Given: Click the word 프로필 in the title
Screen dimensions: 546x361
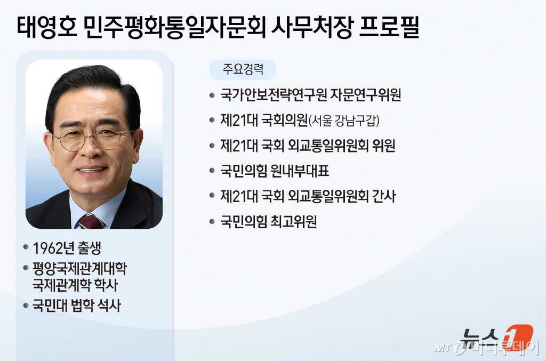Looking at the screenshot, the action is [x=389, y=27].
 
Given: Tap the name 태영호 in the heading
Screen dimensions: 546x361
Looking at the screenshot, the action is [x=47, y=27].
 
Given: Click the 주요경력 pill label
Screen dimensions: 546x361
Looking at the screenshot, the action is [x=243, y=69].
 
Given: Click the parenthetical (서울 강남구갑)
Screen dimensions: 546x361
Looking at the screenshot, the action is [x=344, y=121].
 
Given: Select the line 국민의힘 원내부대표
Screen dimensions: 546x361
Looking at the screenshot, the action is [x=275, y=171].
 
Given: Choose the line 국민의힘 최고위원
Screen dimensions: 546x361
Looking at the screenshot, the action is [x=269, y=222].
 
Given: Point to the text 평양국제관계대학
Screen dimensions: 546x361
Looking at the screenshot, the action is [x=80, y=268].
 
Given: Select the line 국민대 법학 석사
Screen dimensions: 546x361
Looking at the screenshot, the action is [x=77, y=306].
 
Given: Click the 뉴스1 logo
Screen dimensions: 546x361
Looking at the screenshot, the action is [x=496, y=338].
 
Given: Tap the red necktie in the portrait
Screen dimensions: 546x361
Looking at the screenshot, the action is [x=90, y=221].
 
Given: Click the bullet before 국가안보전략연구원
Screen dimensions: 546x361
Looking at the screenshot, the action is [x=212, y=95].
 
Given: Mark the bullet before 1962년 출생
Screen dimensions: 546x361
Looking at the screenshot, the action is [x=26, y=247].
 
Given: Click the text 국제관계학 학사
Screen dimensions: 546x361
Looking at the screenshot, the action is [x=75, y=285].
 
